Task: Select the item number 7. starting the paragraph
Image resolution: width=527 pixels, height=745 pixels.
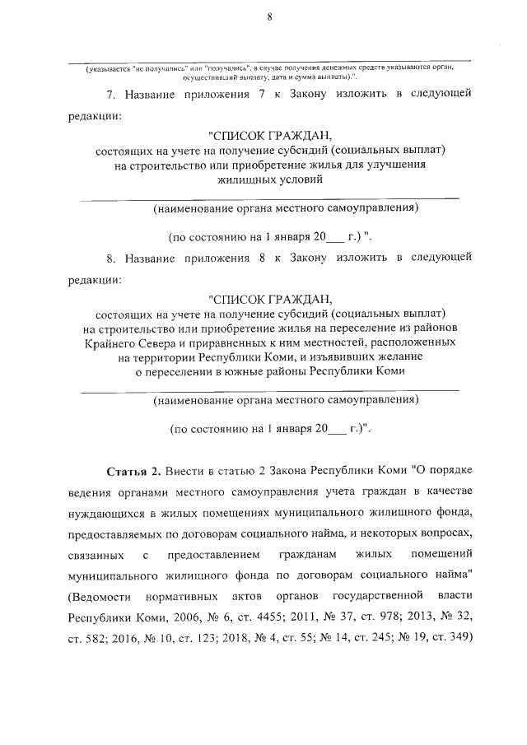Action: pyautogui.click(x=112, y=95)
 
